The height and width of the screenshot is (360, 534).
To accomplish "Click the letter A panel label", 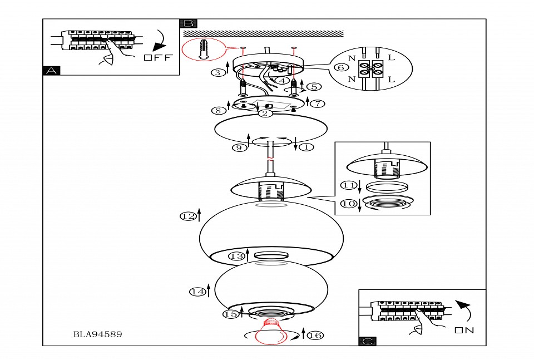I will coord(51,71).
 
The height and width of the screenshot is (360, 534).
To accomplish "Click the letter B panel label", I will coord(189,23).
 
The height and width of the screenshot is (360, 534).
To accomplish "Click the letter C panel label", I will coord(368,341).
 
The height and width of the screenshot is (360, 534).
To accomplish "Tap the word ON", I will coord(464,331).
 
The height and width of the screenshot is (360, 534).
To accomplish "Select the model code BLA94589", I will coord(97,334).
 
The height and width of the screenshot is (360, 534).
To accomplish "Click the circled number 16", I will coord(315,335).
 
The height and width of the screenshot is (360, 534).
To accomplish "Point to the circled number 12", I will coord(188,216).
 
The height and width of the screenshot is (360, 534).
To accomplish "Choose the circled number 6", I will coord(341,67).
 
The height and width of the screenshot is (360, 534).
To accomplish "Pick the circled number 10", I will coord(349,204).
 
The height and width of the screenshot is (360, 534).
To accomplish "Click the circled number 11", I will coord(349,184).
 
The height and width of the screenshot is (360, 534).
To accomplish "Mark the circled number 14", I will coord(197,292).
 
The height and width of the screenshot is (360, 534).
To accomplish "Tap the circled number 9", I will coord(239,148).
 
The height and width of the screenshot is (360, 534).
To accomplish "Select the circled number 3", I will coord(218,72).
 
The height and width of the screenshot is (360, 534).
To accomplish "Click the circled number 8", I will coord(218,110).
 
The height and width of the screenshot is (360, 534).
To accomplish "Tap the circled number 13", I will coord(236,256).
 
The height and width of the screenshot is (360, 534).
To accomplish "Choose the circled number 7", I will coord(318,103).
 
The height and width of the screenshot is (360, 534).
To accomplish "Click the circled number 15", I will coord(231,314).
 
